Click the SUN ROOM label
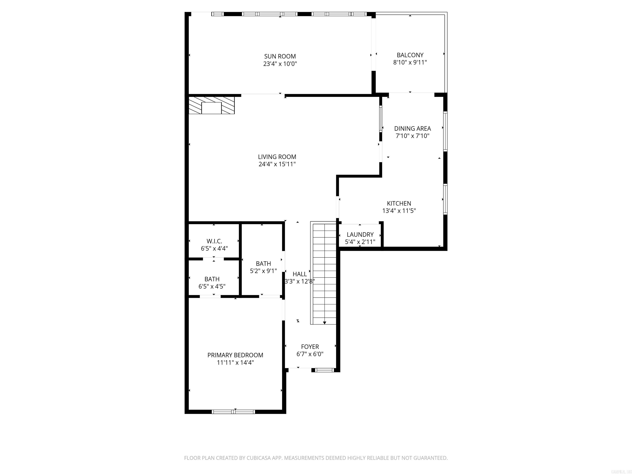[280, 56]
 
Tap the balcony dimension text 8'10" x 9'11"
[410, 62]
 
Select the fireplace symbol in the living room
[211, 105]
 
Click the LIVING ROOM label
[277, 157]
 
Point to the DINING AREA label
[412, 129]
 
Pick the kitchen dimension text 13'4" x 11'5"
[399, 211]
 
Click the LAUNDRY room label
[360, 235]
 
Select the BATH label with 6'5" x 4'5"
[212, 279]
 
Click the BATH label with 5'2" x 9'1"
[263, 263]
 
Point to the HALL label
[299, 274]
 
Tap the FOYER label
[310, 347]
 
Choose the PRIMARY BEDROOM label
[235, 355]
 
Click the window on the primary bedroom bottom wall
[233, 412]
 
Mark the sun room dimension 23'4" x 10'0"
[280, 64]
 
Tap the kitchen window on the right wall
[445, 199]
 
